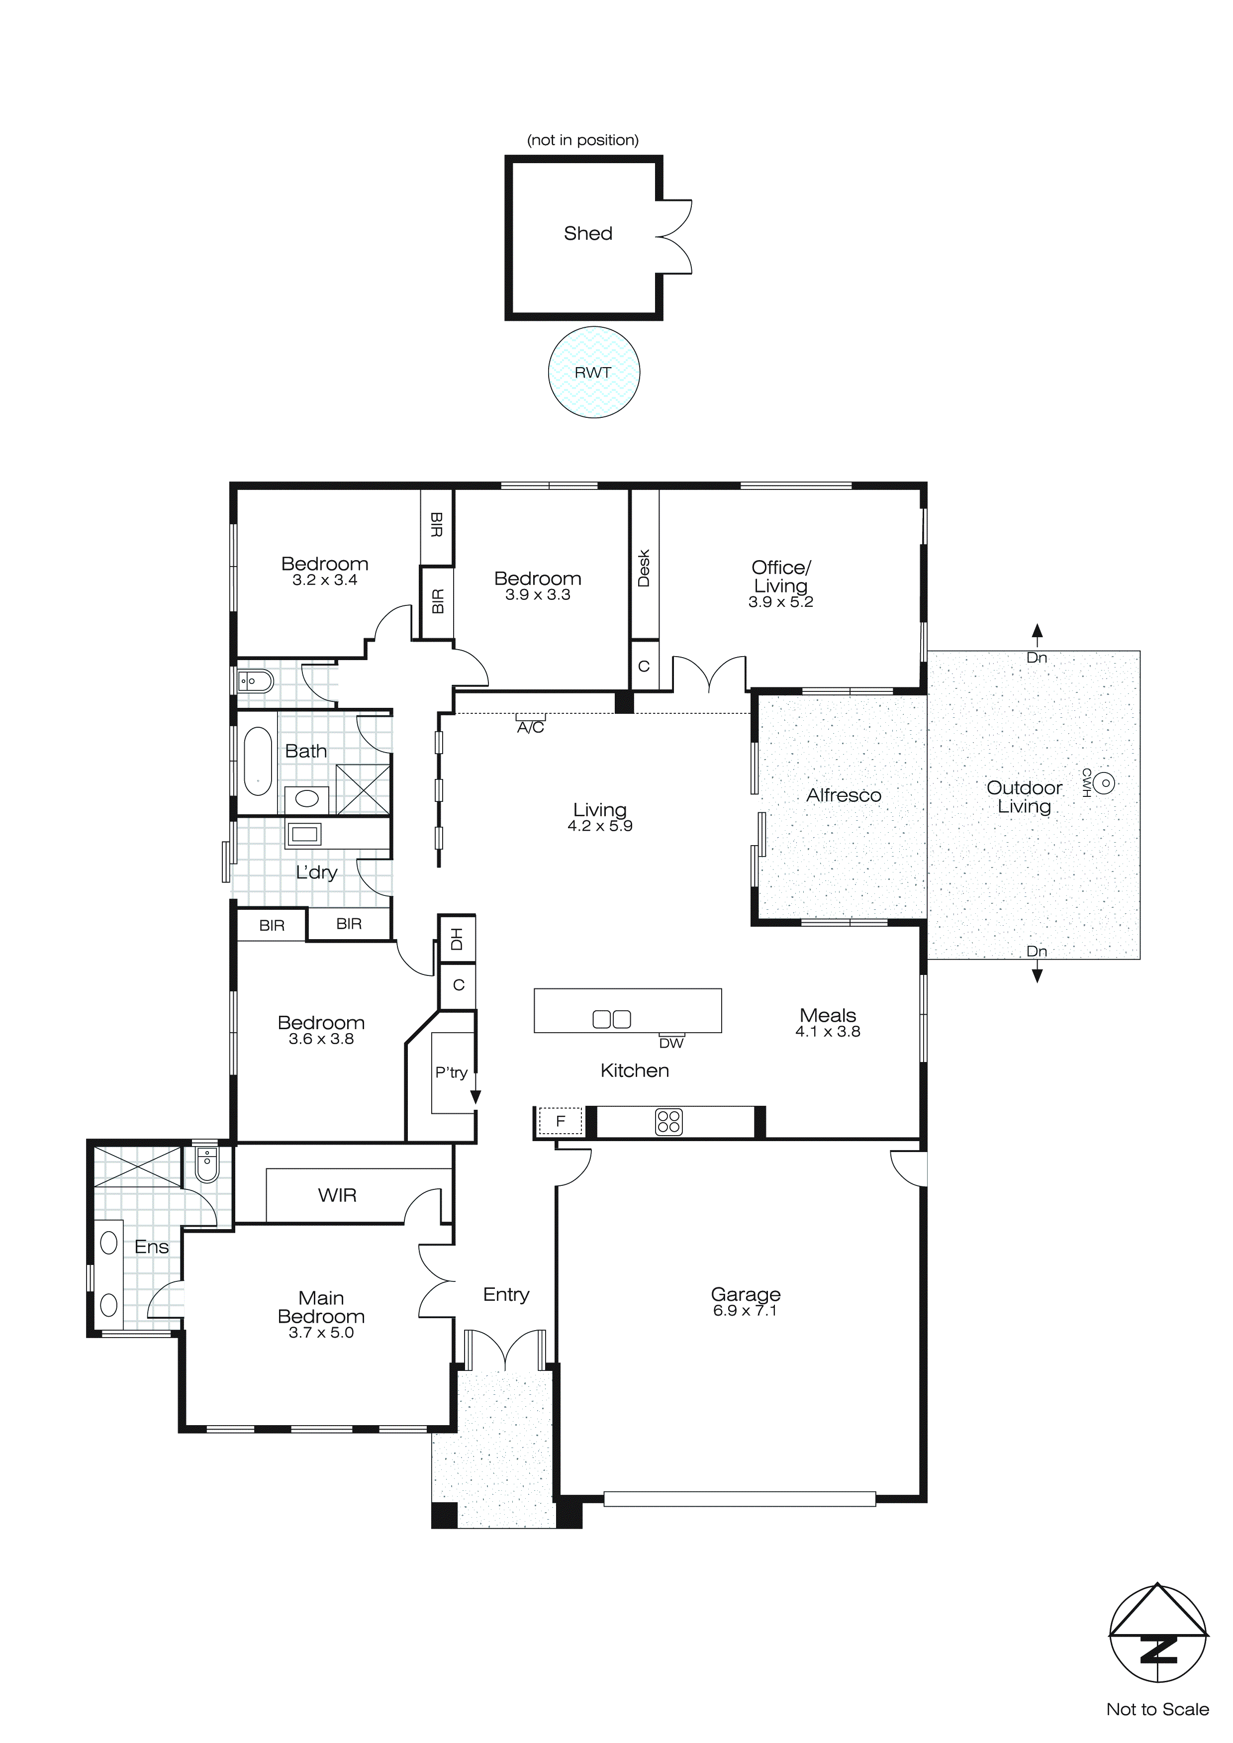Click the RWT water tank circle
pos(594,372)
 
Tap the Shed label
pos(587,233)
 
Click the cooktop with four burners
pos(668,1122)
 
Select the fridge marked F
pos(561,1121)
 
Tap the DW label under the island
pos(671,1044)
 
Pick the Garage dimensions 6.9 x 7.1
pos(745,1311)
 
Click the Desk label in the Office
pos(644,568)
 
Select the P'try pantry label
pos(451,1072)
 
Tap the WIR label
pos(337,1196)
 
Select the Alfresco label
pos(844,795)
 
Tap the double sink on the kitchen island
pos(611,1020)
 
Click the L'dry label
pos(316,872)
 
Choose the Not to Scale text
pos(1157,1710)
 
